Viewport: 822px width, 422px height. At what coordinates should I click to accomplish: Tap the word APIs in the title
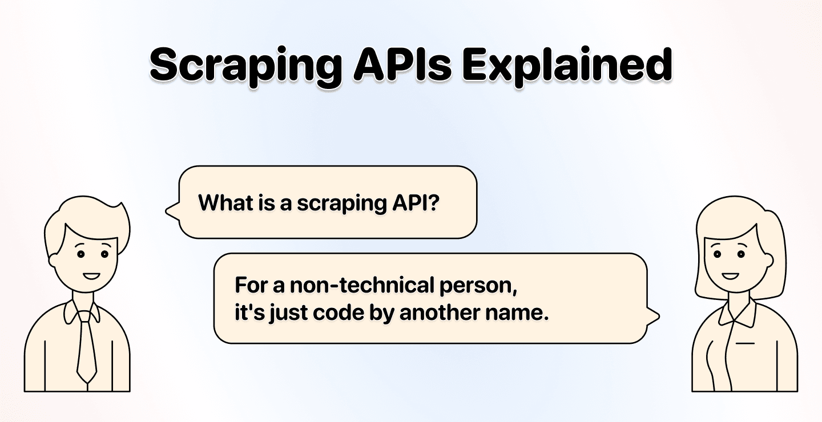(x=402, y=64)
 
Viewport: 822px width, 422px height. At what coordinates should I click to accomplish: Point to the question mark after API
(x=433, y=202)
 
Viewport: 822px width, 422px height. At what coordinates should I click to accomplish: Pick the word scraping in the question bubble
(x=342, y=204)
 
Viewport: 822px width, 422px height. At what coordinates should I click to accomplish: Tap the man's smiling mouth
(x=91, y=275)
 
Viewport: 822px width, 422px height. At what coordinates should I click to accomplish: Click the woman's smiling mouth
(x=730, y=275)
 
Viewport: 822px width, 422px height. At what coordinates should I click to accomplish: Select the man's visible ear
(x=53, y=260)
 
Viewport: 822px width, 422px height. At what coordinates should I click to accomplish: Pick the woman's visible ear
(x=768, y=260)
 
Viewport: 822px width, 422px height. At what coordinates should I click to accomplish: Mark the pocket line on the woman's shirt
(x=745, y=343)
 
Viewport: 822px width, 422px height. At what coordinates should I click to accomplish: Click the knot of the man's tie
(x=84, y=316)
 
